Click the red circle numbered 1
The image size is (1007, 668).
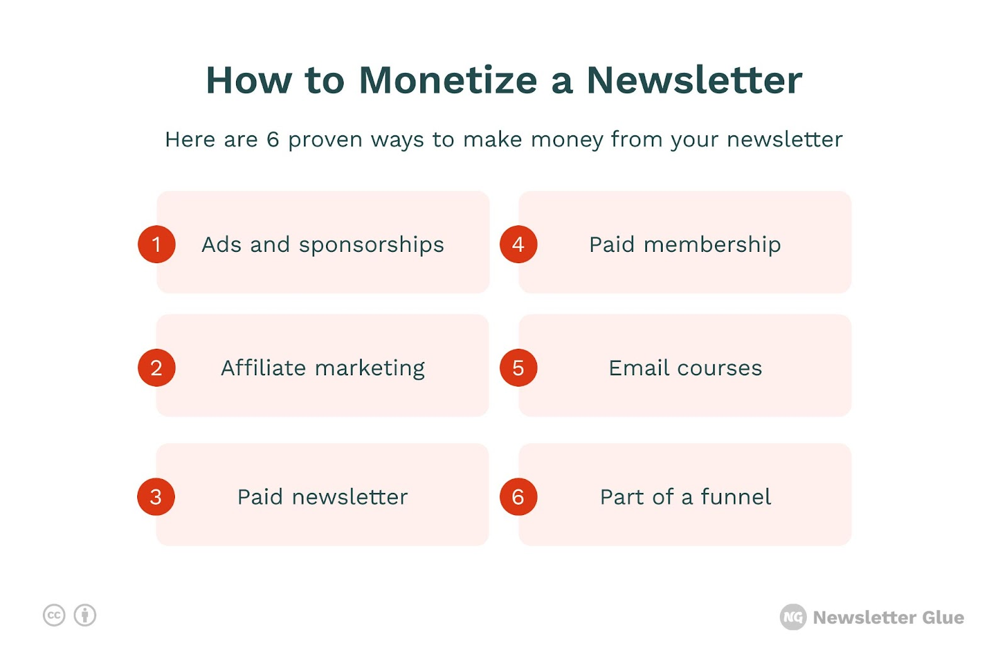click(157, 244)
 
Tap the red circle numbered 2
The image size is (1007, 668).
click(157, 368)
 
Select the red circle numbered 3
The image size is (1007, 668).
click(156, 497)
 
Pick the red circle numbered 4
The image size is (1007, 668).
click(519, 244)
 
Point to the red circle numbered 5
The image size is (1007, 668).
click(519, 368)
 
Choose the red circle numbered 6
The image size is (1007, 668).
click(519, 497)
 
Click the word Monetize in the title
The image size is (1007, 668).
click(447, 80)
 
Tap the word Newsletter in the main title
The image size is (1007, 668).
click(695, 80)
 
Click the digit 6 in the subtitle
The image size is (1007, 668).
click(273, 139)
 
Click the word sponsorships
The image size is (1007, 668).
click(371, 245)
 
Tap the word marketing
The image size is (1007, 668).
click(369, 368)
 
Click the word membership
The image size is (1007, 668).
click(712, 245)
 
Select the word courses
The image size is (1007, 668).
click(720, 368)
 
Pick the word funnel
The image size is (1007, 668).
click(736, 497)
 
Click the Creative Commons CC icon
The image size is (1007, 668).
click(54, 615)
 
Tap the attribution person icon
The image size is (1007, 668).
click(85, 615)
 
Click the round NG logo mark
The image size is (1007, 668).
click(793, 617)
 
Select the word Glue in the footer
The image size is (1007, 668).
click(943, 617)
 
